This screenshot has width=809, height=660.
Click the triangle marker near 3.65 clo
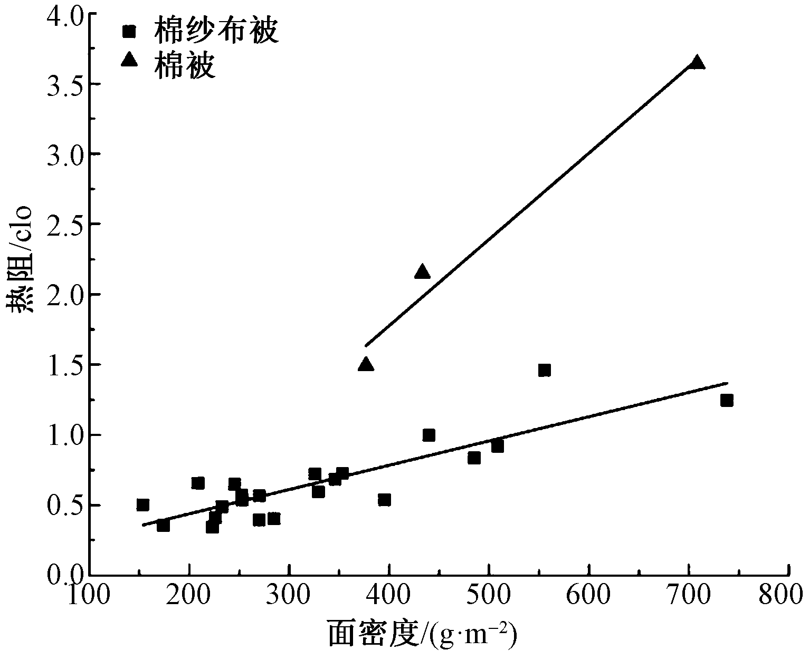click(x=697, y=63)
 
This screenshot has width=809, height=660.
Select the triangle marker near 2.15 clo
click(x=422, y=272)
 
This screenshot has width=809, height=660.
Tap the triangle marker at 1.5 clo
click(x=366, y=364)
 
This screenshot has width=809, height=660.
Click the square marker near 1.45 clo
click(x=545, y=370)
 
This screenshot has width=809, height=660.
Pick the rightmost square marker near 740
click(x=727, y=400)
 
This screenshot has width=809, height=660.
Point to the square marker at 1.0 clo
click(x=429, y=435)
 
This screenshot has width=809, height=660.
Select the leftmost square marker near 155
click(x=142, y=504)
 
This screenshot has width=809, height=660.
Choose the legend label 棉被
click(x=184, y=66)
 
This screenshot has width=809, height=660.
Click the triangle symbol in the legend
click(x=129, y=61)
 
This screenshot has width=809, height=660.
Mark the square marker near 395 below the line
click(x=384, y=499)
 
